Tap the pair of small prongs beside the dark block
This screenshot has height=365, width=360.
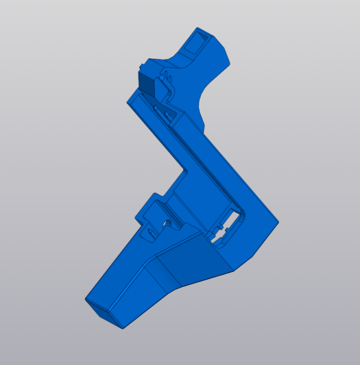pyautogui.click(x=167, y=77)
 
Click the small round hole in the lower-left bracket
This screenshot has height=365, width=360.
pyautogui.click(x=168, y=223)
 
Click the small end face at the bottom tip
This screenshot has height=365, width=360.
pyautogui.click(x=104, y=314)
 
